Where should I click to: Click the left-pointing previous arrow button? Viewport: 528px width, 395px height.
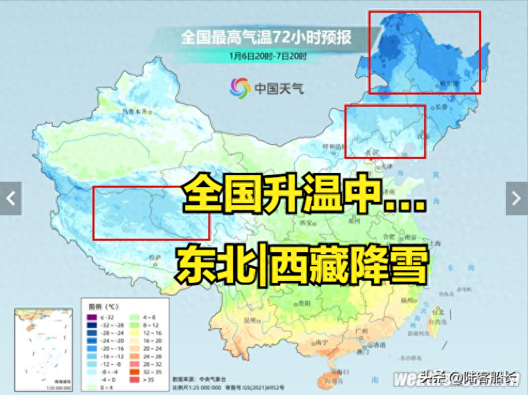pos(11,198)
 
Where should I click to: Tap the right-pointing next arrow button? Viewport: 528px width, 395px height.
pos(516,198)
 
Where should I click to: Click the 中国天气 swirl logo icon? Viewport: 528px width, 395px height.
pos(239,87)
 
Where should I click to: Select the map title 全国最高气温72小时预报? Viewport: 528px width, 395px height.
pos(265,37)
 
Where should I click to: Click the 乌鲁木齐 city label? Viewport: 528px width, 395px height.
pos(133,112)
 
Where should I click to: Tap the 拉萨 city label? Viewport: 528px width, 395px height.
pos(155,257)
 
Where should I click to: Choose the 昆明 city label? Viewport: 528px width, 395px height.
pos(251,319)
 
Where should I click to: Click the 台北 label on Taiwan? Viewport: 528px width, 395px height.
pos(438,312)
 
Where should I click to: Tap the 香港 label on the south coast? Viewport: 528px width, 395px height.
pos(379,345)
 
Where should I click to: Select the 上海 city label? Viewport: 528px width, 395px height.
pos(436,243)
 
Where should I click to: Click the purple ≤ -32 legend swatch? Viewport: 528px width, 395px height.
pos(91,316)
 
